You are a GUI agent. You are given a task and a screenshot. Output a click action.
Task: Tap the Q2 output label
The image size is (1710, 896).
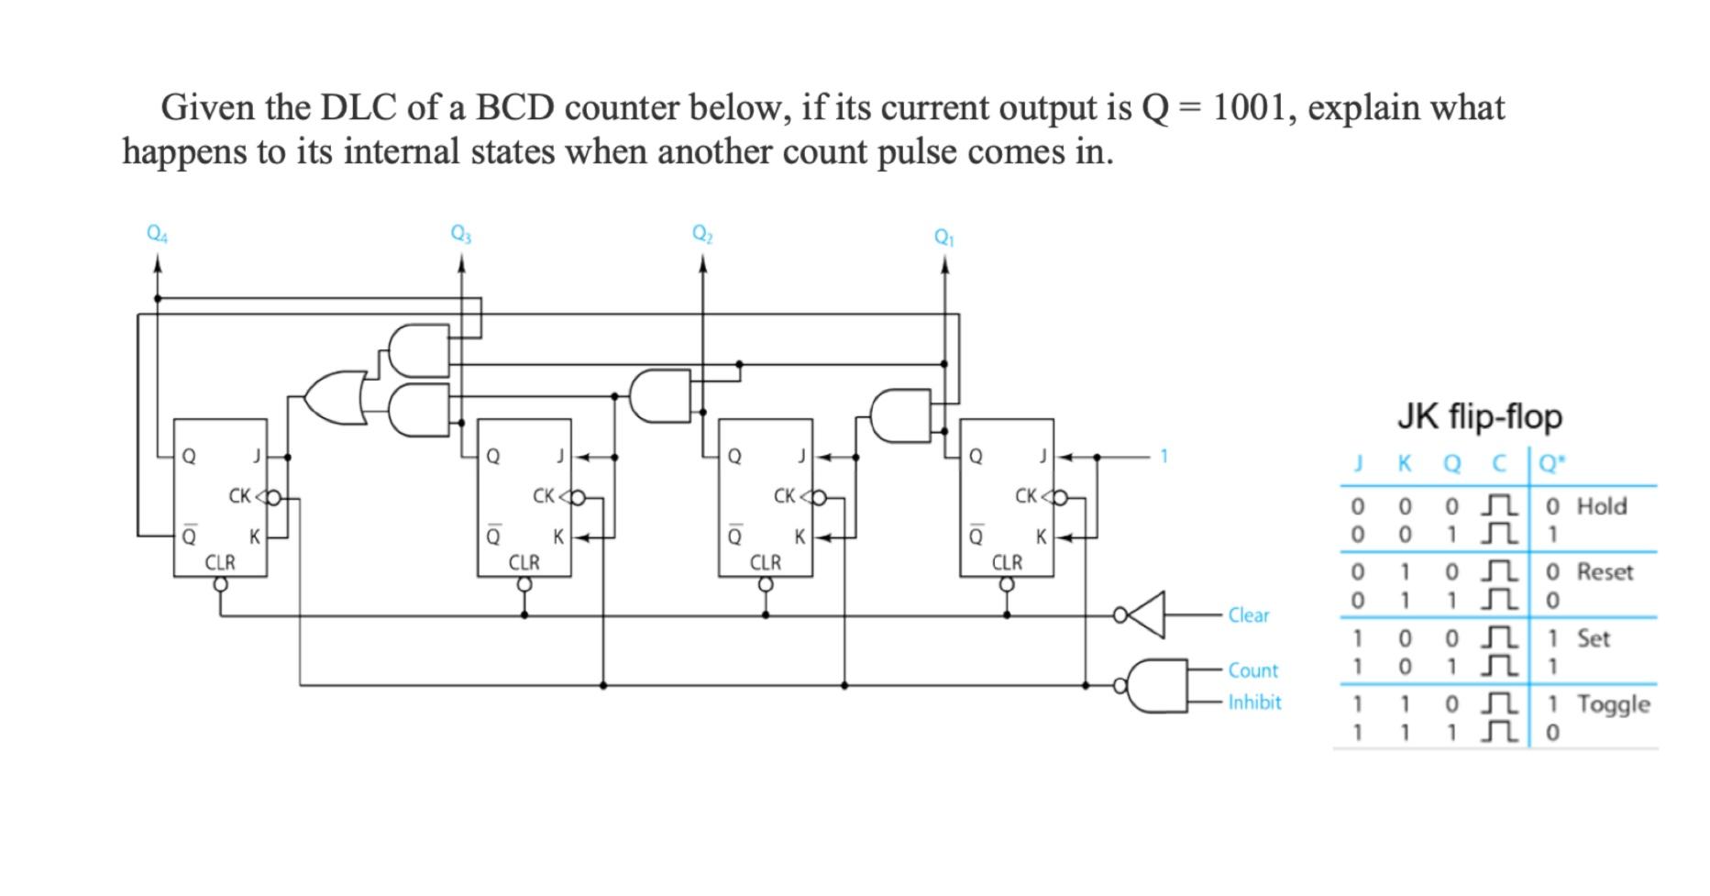coord(702,235)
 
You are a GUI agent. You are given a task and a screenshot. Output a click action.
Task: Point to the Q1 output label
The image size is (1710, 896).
coord(944,238)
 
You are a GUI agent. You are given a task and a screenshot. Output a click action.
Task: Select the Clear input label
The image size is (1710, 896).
coord(1248,615)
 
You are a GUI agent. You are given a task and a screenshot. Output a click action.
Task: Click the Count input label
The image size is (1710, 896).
coord(1252,670)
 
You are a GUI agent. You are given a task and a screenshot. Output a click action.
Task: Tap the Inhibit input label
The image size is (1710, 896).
coord(1254,702)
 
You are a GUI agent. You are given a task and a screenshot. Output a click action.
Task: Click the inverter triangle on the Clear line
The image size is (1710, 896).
coord(1145,614)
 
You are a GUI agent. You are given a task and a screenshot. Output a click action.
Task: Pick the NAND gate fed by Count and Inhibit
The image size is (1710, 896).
coord(1155,686)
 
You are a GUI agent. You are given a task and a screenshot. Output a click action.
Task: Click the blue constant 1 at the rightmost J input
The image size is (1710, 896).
coord(1164,456)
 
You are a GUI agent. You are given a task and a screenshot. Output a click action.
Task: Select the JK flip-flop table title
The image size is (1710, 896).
coord(1480,417)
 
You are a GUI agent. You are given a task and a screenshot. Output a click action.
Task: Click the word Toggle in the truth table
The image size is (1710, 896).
coord(1613,704)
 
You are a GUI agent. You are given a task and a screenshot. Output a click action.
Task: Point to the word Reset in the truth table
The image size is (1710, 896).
coord(1605,572)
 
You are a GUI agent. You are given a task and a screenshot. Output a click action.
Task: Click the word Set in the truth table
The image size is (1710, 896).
coord(1593,638)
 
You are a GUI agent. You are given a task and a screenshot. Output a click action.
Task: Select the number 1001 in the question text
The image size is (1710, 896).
coord(1252,108)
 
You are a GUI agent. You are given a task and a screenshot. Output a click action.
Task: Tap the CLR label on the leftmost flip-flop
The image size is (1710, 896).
coord(220,562)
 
